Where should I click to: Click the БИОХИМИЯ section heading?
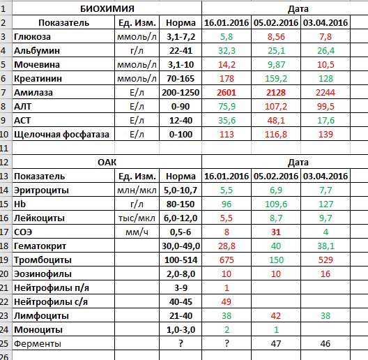tap(107, 9)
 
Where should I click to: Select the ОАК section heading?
tap(107, 163)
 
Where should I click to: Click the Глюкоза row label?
tap(32, 37)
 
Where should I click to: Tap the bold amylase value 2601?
tap(227, 93)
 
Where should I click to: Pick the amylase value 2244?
tap(325, 93)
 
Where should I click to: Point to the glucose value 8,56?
tap(276, 37)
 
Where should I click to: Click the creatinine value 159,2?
tap(276, 79)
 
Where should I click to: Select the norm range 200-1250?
tap(181, 93)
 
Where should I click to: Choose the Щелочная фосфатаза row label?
tap(61, 135)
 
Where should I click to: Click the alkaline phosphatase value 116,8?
tap(276, 135)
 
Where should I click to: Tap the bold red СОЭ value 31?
tap(276, 232)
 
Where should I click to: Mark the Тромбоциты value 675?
tap(227, 260)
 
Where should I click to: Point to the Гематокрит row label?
tap(40, 246)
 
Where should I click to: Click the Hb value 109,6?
tap(276, 204)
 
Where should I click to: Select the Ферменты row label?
tap(38, 344)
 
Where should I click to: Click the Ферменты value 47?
tap(276, 344)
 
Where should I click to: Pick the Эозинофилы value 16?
tap(325, 274)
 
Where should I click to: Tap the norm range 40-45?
tap(181, 302)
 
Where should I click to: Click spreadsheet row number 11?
tap(4, 149)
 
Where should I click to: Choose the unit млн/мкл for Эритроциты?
tap(137, 190)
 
